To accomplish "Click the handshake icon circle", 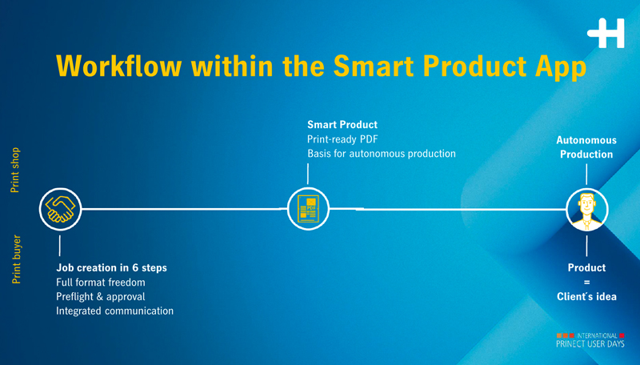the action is (x=61, y=209).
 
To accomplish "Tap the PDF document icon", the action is (x=308, y=209).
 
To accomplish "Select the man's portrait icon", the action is (x=587, y=210).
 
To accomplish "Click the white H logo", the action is (x=606, y=33).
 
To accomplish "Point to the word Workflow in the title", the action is (x=118, y=66).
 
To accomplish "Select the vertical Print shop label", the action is (x=14, y=170).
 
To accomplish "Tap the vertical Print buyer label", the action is (x=16, y=259).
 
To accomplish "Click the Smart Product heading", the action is (x=342, y=125).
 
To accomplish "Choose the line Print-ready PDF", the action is (x=342, y=139).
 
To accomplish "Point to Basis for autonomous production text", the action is (x=382, y=154).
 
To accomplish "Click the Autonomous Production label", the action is (x=586, y=147).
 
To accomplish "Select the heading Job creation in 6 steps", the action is (x=111, y=268).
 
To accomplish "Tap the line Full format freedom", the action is (x=101, y=282).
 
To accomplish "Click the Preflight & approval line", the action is (x=101, y=297).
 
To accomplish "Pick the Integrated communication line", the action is (x=114, y=311).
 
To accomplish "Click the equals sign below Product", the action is (x=587, y=282).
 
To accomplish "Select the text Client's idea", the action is (x=586, y=297).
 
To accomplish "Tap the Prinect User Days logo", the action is (x=590, y=340).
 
